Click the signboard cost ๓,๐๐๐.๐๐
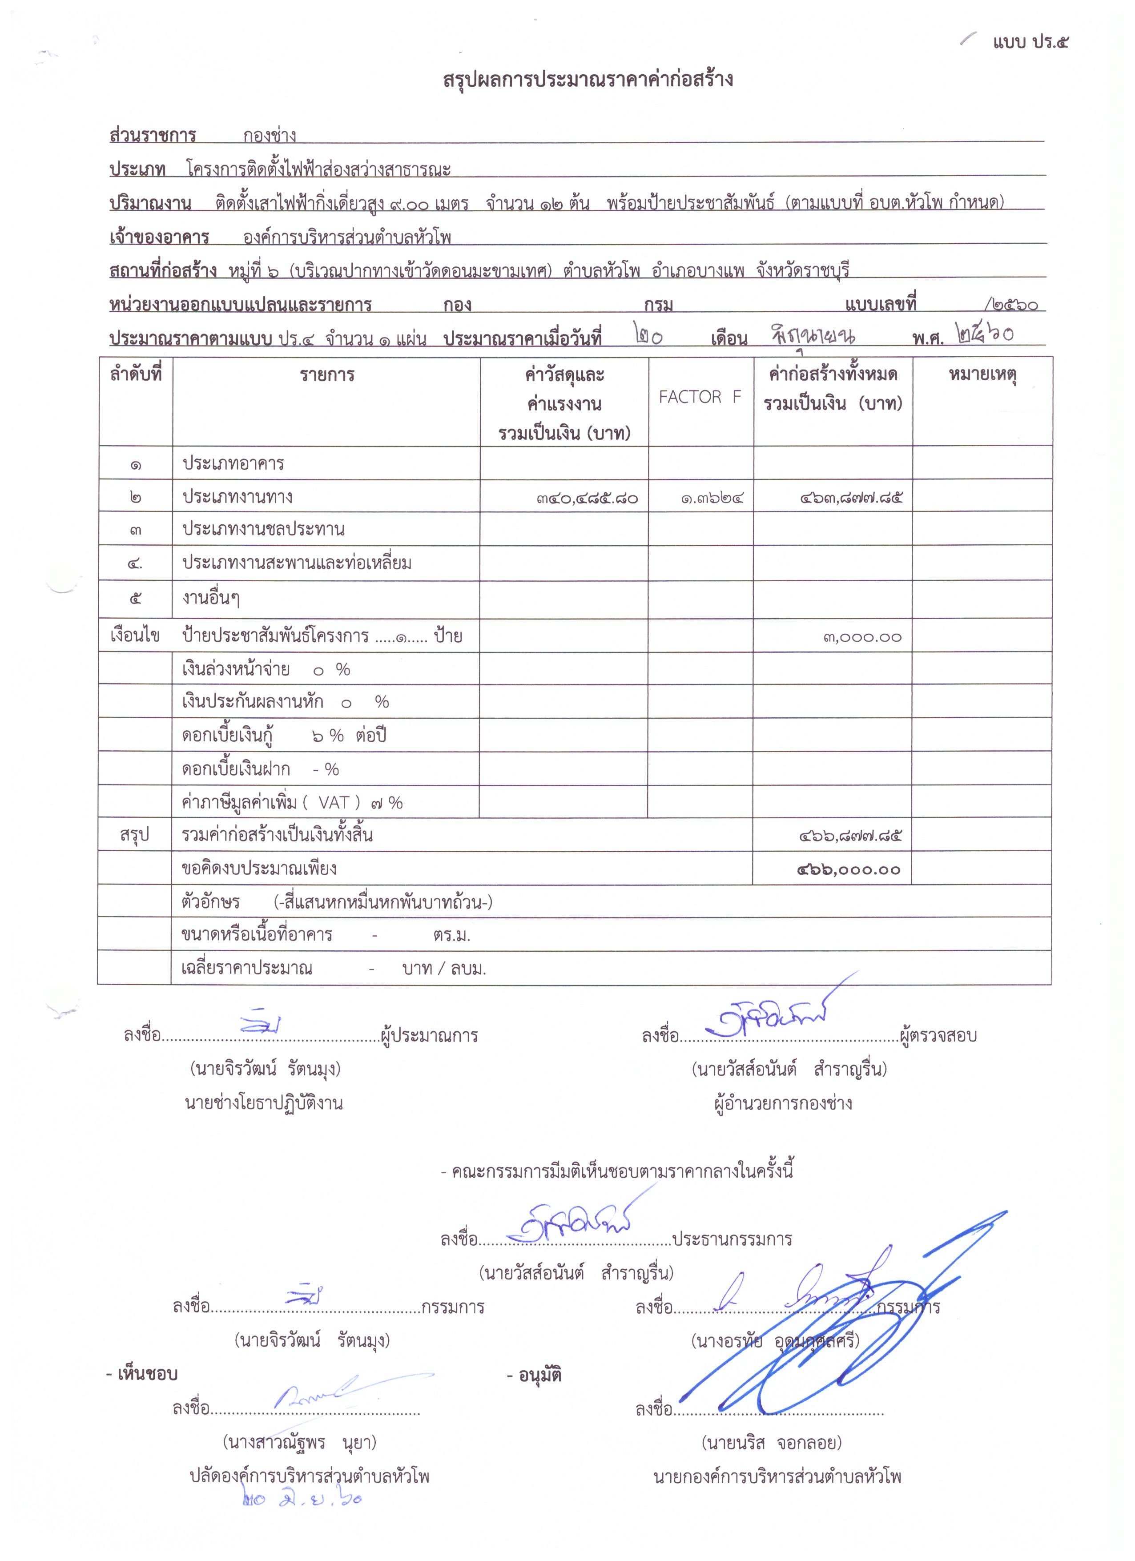pyautogui.click(x=862, y=637)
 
